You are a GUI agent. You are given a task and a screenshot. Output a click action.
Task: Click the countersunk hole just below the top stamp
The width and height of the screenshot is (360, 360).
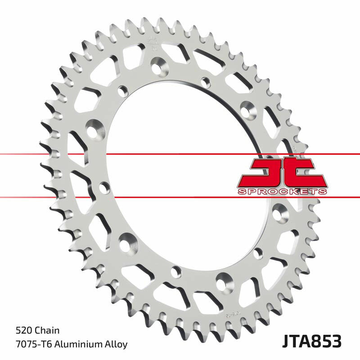(158, 68)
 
